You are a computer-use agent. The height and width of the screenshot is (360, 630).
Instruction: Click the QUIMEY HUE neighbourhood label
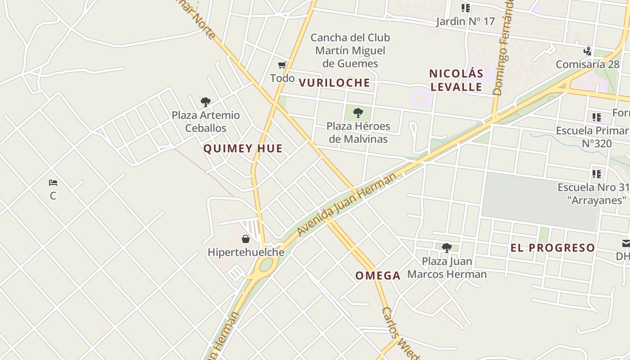pyautogui.click(x=243, y=148)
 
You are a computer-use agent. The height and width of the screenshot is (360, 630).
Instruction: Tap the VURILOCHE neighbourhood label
pyautogui.click(x=334, y=83)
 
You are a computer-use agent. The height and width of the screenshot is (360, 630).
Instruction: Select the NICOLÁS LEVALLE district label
pyautogui.click(x=456, y=80)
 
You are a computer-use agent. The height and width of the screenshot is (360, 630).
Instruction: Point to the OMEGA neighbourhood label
pyautogui.click(x=378, y=276)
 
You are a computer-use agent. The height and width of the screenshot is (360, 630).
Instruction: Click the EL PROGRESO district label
pyautogui.click(x=553, y=247)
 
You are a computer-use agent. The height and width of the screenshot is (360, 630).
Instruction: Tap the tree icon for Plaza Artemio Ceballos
pyautogui.click(x=206, y=102)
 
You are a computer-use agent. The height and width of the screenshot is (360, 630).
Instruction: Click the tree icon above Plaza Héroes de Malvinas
pyautogui.click(x=358, y=113)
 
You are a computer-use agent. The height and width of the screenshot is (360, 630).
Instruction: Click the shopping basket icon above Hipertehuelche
pyautogui.click(x=246, y=239)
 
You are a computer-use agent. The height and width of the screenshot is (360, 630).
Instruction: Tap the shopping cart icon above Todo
pyautogui.click(x=282, y=66)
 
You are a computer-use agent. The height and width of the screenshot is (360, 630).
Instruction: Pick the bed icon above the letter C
pyautogui.click(x=53, y=183)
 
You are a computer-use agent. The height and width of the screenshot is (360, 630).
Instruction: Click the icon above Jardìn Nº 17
pyautogui.click(x=465, y=8)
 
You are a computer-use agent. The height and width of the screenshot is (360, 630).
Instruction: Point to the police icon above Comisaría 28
pyautogui.click(x=587, y=51)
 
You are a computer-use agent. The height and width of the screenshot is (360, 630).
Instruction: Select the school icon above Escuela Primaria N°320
pyautogui.click(x=597, y=118)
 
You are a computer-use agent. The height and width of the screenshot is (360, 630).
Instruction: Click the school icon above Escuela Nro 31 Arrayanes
pyautogui.click(x=597, y=174)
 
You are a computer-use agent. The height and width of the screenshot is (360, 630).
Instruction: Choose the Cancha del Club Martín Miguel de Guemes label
pyautogui.click(x=350, y=50)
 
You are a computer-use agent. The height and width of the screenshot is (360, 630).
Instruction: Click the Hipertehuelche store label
pyautogui.click(x=246, y=252)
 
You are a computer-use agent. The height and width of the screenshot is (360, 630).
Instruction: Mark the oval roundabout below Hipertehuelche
pyautogui.click(x=265, y=265)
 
